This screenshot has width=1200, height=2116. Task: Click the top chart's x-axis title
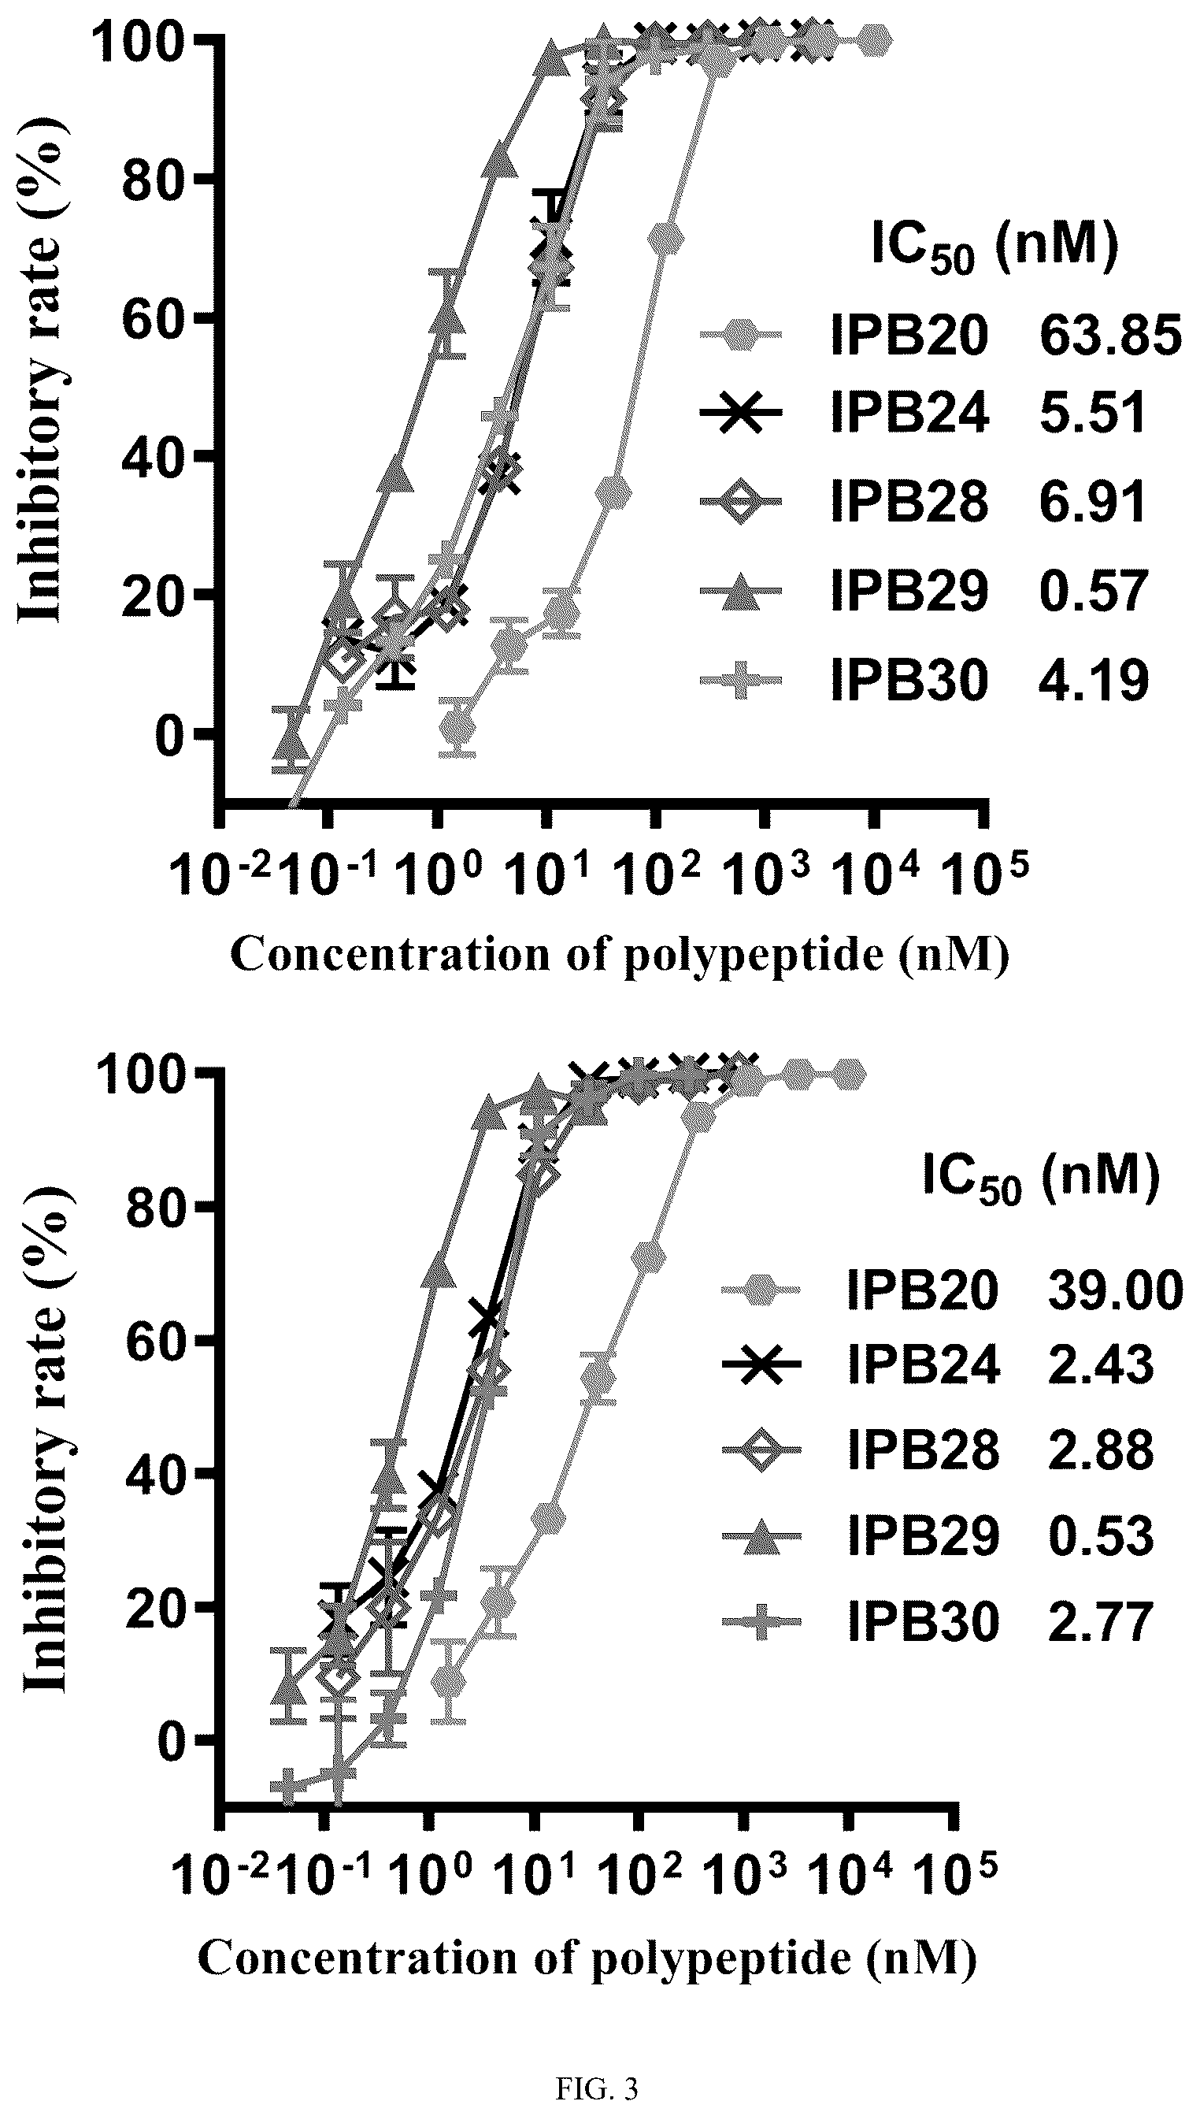coord(619,956)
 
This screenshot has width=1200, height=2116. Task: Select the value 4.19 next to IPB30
coord(1094,681)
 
